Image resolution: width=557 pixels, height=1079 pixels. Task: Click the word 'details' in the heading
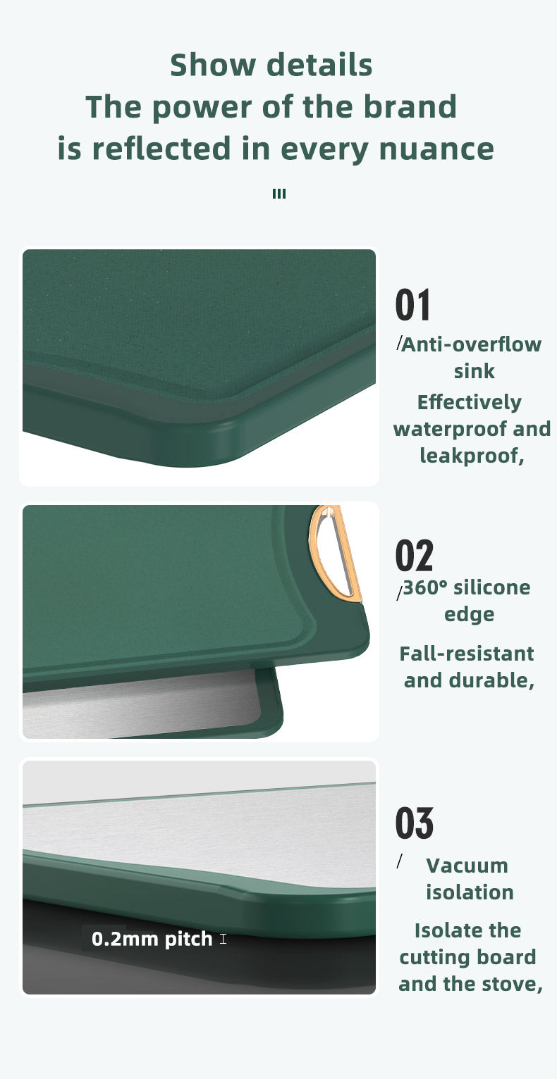tap(319, 65)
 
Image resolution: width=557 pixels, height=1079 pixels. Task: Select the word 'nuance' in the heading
tap(436, 149)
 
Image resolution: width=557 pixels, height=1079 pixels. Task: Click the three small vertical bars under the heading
tap(279, 194)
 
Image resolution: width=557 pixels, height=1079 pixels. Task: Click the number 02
tap(415, 555)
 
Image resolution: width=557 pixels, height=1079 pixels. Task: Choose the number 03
tap(415, 823)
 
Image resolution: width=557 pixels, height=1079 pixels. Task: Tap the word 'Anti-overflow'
tap(471, 344)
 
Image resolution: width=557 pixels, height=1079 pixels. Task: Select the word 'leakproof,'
tap(472, 456)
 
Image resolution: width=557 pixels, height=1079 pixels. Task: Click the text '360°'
tap(425, 587)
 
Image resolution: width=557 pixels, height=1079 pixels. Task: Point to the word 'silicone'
tap(492, 587)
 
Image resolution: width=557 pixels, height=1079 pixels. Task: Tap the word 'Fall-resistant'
tap(466, 654)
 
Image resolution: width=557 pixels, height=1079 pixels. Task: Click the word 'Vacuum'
tap(467, 866)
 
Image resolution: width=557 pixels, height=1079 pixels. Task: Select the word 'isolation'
tap(470, 892)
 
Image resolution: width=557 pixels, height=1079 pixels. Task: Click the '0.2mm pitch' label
tap(152, 938)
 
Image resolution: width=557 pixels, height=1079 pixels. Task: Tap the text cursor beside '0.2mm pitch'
tap(223, 938)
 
